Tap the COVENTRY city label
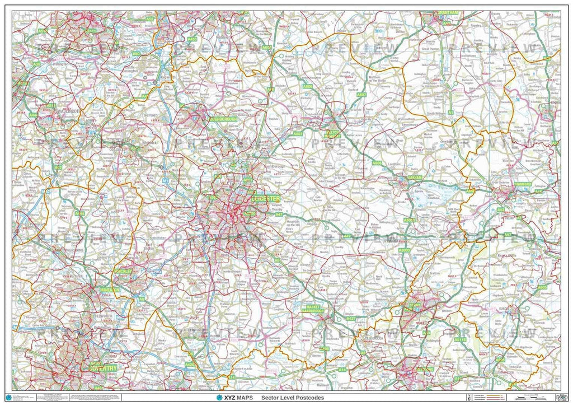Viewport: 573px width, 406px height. pyautogui.click(x=103, y=368)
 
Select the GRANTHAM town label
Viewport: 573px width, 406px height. pyautogui.click(x=448, y=12)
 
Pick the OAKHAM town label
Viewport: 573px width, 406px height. pyautogui.click(x=415, y=178)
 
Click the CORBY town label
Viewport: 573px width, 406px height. pyautogui.click(x=415, y=306)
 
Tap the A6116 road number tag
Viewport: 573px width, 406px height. pyautogui.click(x=459, y=339)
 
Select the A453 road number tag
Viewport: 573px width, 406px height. pyautogui.click(x=192, y=39)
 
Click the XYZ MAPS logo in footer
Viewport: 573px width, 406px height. pyautogui.click(x=234, y=398)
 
